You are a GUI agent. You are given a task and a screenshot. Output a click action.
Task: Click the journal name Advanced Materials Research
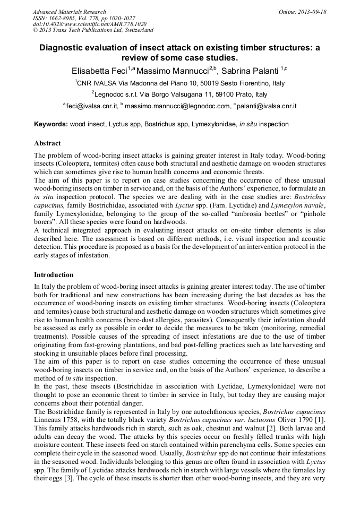69,12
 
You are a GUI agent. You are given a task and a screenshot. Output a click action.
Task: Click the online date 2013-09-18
311,12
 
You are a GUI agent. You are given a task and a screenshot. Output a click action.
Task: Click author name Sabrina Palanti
250,71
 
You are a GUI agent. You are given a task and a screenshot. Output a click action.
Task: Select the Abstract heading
47,143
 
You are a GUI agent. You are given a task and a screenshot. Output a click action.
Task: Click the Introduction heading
54,275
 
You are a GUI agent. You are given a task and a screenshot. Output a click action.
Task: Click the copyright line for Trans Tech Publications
93,30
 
